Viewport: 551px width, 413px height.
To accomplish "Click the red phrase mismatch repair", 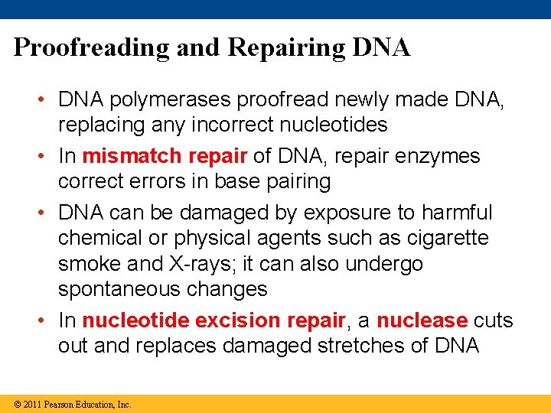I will tap(165, 156).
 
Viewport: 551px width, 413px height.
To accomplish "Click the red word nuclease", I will tap(422, 320).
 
